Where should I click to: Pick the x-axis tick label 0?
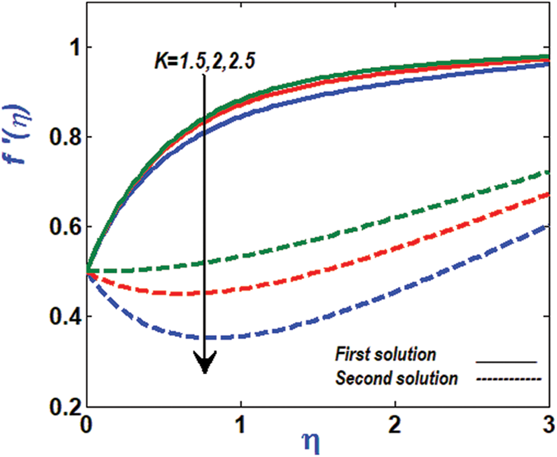coord(87,423)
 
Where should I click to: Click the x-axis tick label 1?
coord(241,423)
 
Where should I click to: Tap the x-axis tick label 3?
coord(550,423)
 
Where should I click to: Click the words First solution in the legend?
coord(385,355)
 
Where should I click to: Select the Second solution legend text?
coord(396,379)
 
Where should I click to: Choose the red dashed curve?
coord(338,265)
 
